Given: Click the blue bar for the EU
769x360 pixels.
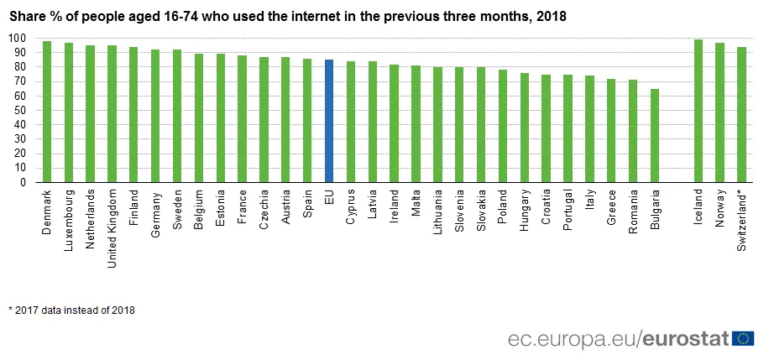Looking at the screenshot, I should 329,121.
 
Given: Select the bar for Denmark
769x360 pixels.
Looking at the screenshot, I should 47,112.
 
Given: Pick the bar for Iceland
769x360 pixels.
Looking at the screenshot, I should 698,111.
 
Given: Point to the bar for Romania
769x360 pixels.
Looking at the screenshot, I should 633,131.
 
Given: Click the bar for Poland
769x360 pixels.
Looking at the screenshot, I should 503,126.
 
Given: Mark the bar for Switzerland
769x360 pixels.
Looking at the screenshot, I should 741,114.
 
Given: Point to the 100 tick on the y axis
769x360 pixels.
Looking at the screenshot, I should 16,38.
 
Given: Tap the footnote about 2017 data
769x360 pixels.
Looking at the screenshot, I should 72,310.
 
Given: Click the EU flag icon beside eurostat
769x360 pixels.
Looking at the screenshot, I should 742,338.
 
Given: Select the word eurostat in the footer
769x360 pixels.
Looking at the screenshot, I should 686,339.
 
